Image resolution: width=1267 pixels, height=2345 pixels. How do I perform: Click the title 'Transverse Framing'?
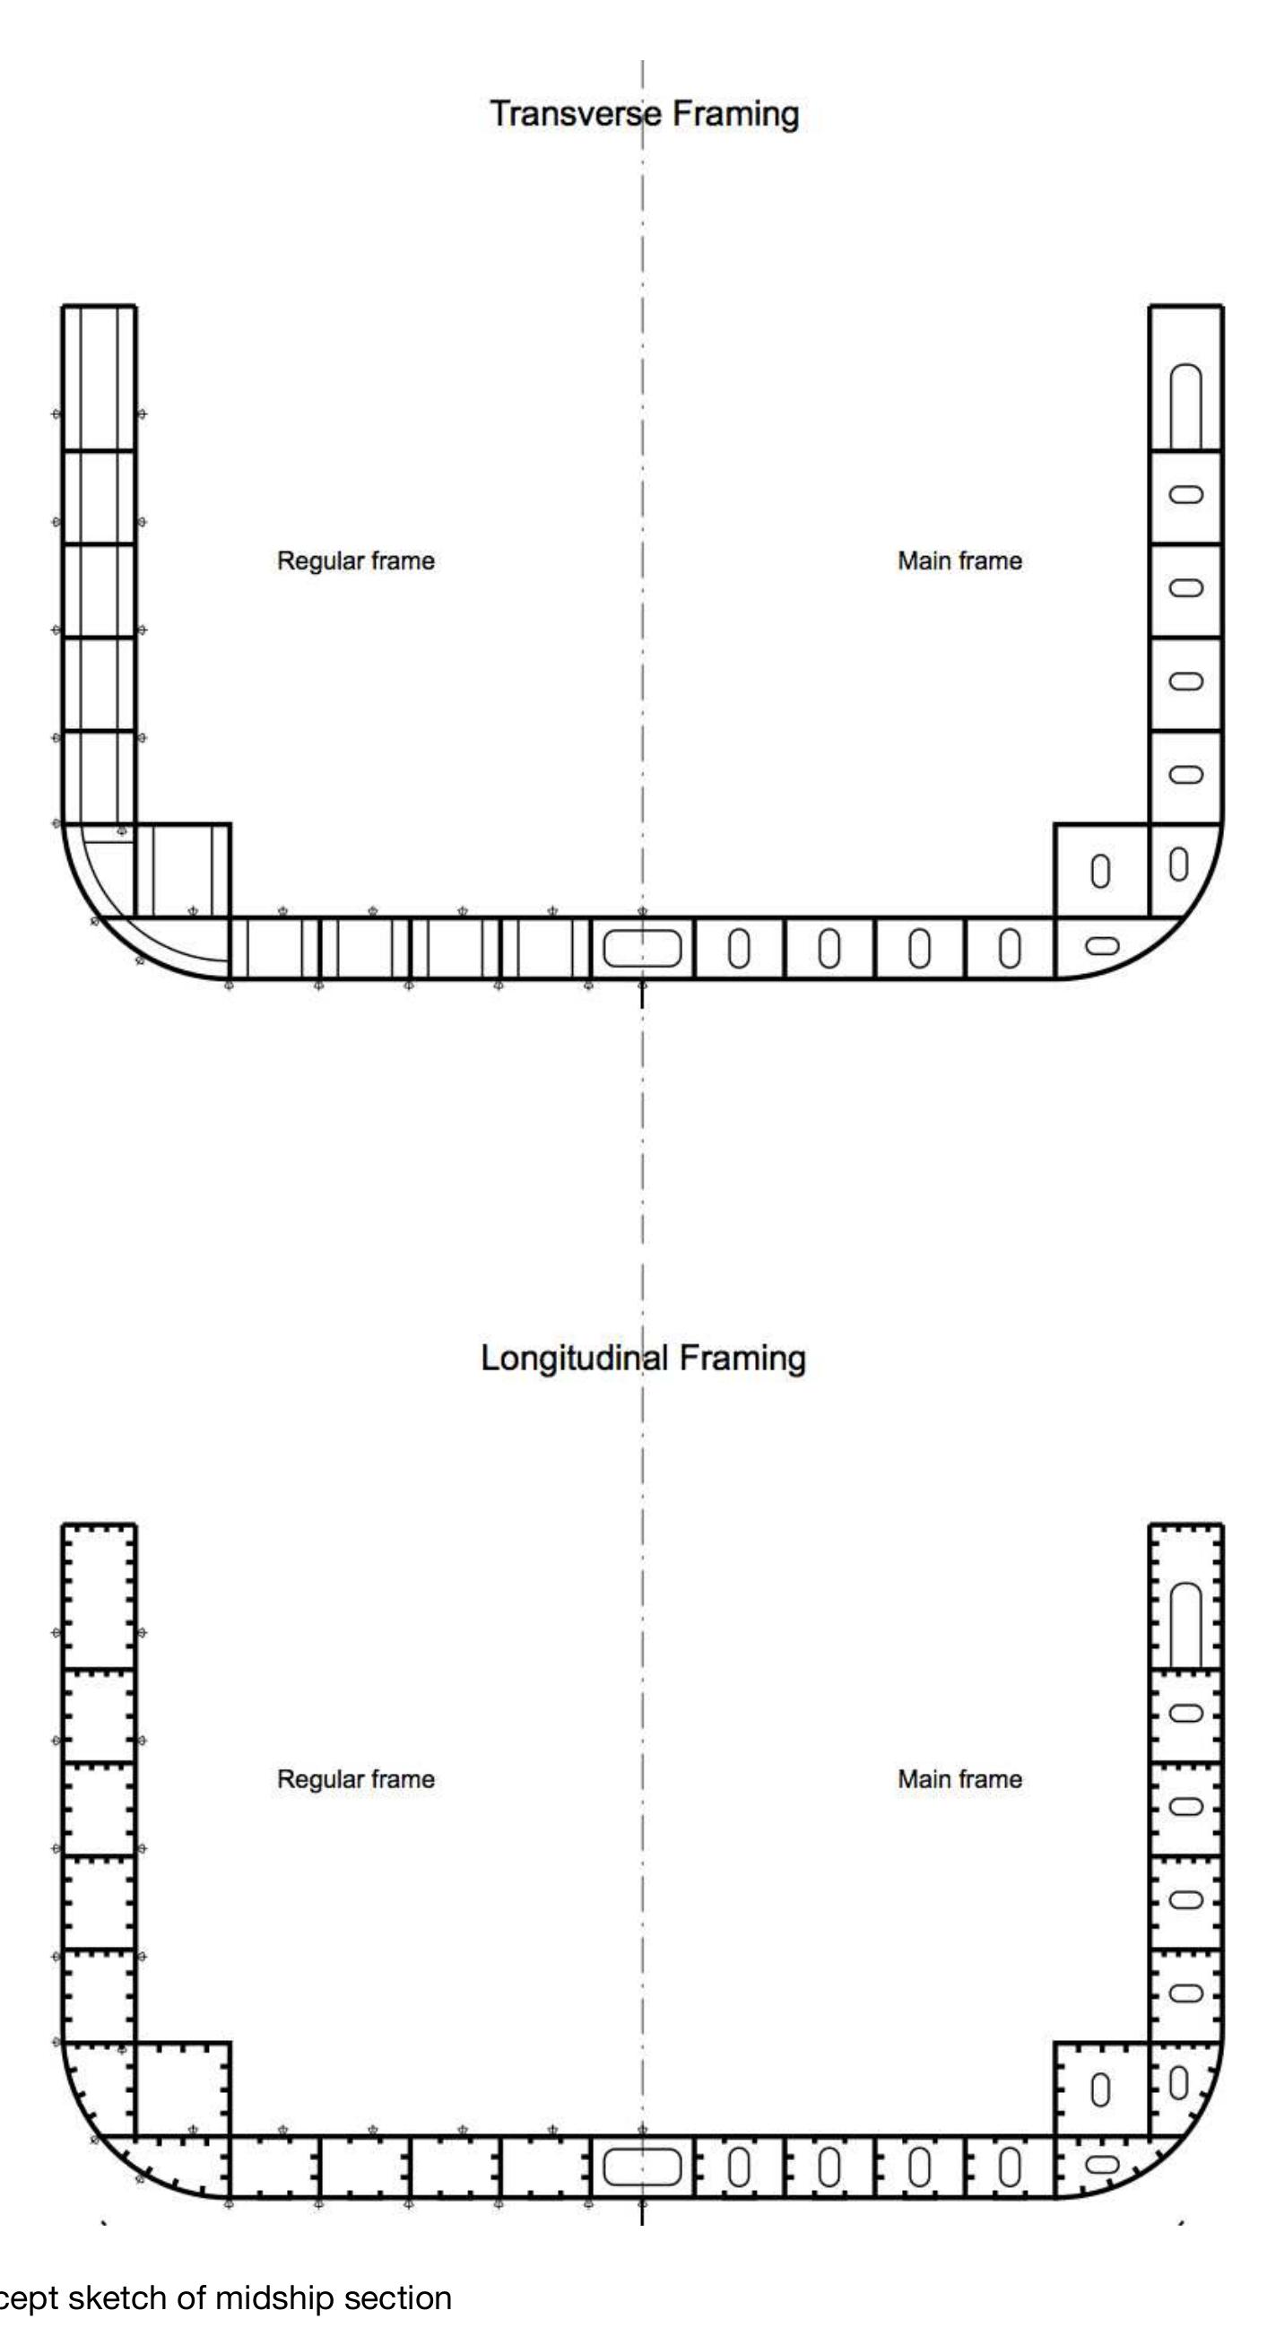(644, 114)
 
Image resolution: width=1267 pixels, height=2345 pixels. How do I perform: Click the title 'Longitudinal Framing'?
(643, 1358)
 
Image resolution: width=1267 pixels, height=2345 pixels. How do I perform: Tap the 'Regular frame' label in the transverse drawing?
(355, 560)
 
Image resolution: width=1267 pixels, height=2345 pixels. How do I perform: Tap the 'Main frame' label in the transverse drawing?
(959, 560)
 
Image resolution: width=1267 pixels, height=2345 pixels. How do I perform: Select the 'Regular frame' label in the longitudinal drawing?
(355, 1779)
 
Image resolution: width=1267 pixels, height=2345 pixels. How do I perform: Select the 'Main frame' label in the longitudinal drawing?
(959, 1779)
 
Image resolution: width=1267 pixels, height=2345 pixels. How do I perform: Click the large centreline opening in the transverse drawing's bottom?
(642, 949)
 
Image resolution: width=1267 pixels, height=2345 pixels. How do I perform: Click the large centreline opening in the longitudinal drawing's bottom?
(642, 2167)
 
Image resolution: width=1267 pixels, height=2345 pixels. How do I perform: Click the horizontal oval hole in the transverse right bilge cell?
(1102, 946)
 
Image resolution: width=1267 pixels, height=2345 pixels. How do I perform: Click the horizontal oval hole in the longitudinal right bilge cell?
(1102, 2164)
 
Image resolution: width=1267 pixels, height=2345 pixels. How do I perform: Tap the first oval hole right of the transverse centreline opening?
(739, 949)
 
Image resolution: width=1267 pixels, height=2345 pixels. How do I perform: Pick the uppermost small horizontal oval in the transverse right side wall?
(1185, 494)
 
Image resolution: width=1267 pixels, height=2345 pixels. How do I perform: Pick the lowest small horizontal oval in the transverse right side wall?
(1185, 775)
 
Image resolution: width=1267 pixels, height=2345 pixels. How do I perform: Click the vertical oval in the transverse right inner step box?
(1100, 871)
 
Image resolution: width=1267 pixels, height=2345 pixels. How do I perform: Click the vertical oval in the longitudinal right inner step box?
(1100, 2089)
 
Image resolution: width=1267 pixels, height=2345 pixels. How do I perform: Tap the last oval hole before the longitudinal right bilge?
(1010, 2167)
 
